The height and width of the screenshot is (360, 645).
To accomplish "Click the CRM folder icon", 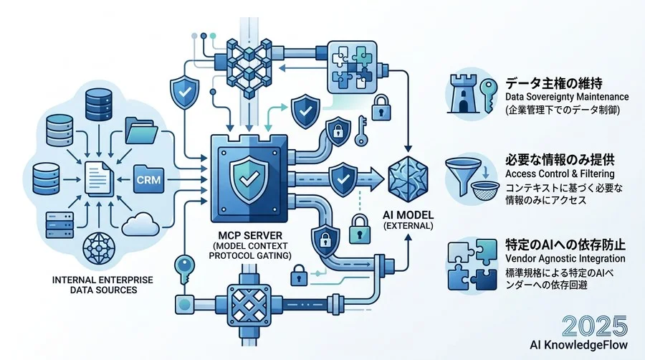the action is [x=149, y=179].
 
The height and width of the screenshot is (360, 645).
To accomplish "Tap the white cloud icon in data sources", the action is [x=140, y=224].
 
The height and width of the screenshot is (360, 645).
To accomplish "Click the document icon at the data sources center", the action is [x=99, y=178].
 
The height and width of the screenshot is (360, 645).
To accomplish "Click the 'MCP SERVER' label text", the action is [x=250, y=236].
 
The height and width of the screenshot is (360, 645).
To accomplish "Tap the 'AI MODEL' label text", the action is [x=408, y=214].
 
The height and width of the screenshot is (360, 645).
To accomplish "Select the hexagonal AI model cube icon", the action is [x=408, y=179].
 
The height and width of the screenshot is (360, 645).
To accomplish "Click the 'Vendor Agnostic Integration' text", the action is [x=565, y=259].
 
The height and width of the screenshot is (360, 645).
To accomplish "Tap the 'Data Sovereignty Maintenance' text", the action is [x=567, y=97].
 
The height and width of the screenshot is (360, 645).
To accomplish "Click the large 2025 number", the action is [x=595, y=326].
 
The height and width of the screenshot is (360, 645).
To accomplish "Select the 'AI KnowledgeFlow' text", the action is [x=579, y=345].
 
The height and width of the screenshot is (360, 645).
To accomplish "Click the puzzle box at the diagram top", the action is [x=352, y=67].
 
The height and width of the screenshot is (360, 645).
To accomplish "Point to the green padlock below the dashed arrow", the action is [x=359, y=229].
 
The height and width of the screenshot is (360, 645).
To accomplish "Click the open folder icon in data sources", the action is [x=141, y=131].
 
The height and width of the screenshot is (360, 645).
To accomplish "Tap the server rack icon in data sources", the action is [x=60, y=225].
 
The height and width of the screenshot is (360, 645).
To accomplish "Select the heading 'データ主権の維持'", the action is [x=554, y=83].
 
